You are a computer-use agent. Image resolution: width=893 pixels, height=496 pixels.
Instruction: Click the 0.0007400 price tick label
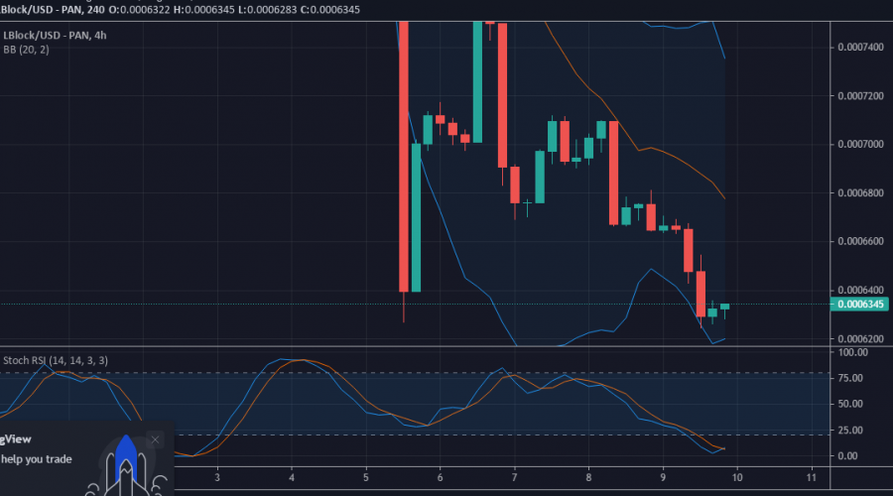859,47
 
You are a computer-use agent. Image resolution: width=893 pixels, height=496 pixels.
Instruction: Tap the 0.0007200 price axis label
859,95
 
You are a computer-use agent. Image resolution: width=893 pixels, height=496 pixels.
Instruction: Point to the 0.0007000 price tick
859,144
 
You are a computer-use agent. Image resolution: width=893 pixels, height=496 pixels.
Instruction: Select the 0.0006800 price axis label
859,192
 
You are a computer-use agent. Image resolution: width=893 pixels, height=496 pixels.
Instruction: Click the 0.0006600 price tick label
859,241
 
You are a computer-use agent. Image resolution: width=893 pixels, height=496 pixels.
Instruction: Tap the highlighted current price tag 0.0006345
859,305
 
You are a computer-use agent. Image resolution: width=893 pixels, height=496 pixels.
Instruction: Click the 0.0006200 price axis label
859,338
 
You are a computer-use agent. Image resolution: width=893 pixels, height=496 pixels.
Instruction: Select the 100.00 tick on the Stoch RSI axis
854,352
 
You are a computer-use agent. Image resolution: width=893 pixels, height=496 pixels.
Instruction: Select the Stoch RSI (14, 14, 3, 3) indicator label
57,360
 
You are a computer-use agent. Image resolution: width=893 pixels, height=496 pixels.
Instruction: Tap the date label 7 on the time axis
515,476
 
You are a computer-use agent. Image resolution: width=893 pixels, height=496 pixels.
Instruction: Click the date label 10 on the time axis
736,476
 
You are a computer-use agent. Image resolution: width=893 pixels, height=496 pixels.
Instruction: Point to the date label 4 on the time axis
292,476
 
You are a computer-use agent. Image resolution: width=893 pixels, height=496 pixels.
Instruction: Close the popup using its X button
155,439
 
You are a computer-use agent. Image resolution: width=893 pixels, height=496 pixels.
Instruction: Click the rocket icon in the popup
125,464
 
